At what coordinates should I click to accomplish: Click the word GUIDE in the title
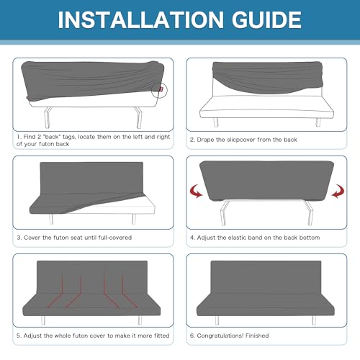[x=266, y=19]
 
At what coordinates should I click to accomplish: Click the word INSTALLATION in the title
[x=141, y=19]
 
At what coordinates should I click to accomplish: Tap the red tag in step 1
[x=161, y=89]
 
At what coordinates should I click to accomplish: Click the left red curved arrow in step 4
[x=196, y=192]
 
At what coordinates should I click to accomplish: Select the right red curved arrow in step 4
[x=338, y=192]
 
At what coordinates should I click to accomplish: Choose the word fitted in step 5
[x=161, y=336]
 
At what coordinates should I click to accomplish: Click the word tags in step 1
[x=69, y=137]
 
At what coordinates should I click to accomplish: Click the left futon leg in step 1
[x=48, y=117]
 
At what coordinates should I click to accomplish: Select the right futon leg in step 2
[x=318, y=122]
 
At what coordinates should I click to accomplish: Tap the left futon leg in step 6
[x=217, y=320]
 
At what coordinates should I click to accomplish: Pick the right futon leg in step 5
[x=140, y=320]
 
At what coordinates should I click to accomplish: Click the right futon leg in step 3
[x=134, y=219]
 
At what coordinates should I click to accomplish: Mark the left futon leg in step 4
[x=224, y=212]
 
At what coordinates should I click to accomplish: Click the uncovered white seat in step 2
[x=266, y=107]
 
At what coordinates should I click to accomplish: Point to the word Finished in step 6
[x=257, y=336]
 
